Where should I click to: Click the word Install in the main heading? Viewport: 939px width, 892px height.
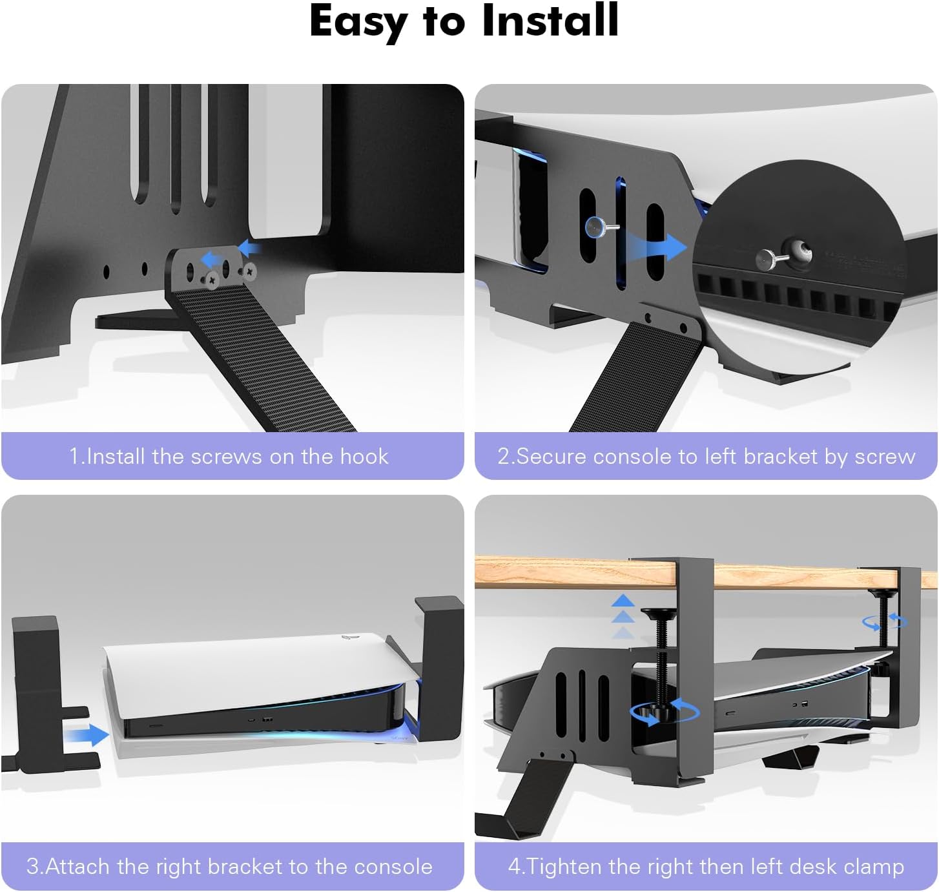[x=550, y=21]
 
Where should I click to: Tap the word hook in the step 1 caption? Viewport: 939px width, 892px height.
[x=364, y=456]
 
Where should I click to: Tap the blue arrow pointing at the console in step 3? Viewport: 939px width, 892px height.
[x=87, y=734]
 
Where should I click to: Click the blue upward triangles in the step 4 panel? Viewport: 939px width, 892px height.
[x=623, y=616]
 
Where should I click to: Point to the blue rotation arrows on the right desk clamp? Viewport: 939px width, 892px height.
[x=885, y=621]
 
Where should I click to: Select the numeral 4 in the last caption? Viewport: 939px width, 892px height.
[x=514, y=866]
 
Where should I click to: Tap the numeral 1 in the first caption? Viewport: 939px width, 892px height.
[x=74, y=456]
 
